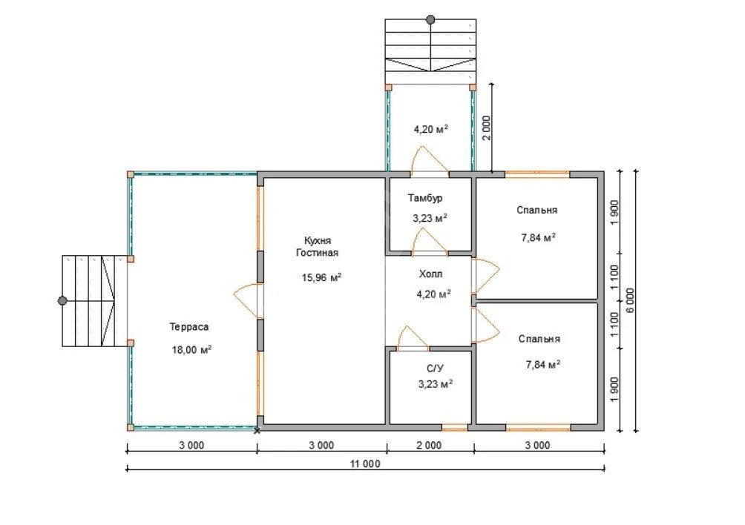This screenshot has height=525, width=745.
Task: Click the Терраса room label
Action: pyautogui.click(x=189, y=327)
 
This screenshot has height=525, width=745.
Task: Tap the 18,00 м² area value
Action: pyautogui.click(x=191, y=350)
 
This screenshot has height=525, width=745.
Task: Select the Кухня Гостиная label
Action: pyautogui.click(x=318, y=247)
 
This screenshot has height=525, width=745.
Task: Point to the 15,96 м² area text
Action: pyautogui.click(x=321, y=277)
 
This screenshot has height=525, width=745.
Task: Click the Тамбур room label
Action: pyautogui.click(x=425, y=198)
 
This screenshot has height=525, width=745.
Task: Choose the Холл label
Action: pyautogui.click(x=431, y=274)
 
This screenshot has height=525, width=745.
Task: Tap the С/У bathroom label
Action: pyautogui.click(x=436, y=369)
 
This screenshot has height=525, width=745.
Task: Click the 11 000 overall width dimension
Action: pyautogui.click(x=365, y=463)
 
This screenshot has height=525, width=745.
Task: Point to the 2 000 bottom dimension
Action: pyautogui.click(x=429, y=445)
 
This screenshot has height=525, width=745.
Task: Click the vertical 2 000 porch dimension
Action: pyautogui.click(x=486, y=128)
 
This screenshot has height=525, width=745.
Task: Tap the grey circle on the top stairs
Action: pyautogui.click(x=430, y=19)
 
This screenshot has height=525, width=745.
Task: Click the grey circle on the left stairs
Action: pyautogui.click(x=62, y=300)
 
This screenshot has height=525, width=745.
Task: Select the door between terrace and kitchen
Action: pyautogui.click(x=248, y=301)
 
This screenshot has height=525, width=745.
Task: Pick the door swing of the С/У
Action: pyautogui.click(x=413, y=338)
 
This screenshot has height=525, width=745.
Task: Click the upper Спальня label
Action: pyautogui.click(x=537, y=210)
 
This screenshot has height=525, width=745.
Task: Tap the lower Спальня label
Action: pyautogui.click(x=539, y=339)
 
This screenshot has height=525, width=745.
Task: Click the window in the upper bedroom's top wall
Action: pyautogui.click(x=537, y=174)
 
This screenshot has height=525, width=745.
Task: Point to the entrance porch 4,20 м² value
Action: pyautogui.click(x=431, y=129)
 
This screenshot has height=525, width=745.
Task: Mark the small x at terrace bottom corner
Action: pyautogui.click(x=257, y=431)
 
